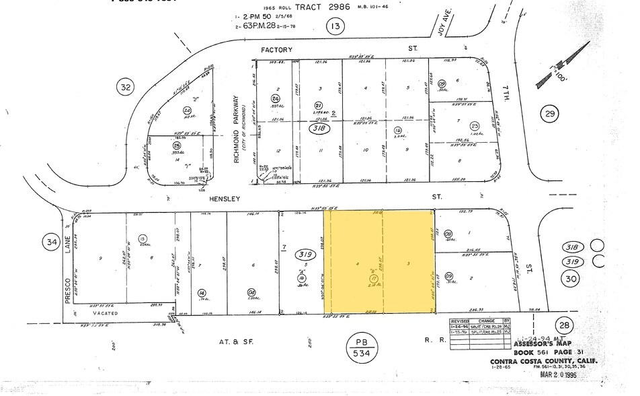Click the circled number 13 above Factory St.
(x=334, y=26)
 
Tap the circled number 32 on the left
(x=124, y=87)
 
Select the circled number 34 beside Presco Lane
(x=50, y=240)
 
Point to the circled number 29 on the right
(x=551, y=115)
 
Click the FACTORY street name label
(x=276, y=50)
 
